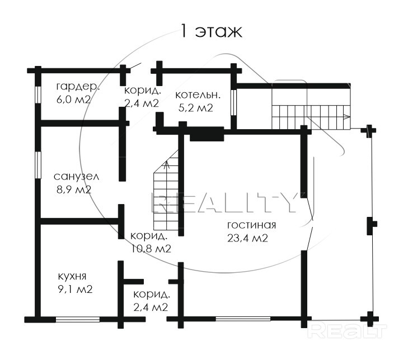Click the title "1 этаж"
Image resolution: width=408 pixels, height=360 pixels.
(211, 31)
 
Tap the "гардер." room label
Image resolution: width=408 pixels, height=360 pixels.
(78, 87)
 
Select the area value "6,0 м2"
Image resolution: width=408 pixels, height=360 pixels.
(73, 100)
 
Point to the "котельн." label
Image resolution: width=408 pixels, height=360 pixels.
(198, 95)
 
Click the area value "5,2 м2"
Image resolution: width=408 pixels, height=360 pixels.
(196, 108)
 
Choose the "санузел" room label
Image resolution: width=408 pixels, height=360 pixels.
(76, 177)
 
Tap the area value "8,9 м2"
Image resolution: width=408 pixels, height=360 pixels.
(74, 190)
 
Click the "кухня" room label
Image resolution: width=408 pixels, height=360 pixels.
(72, 276)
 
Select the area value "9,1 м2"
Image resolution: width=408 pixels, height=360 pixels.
(75, 289)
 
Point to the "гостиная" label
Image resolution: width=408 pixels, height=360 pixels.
(252, 225)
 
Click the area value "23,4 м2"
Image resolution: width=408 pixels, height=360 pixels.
(248, 238)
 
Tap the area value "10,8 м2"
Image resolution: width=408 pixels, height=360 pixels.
(151, 249)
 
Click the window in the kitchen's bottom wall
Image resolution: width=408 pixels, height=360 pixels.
(78, 319)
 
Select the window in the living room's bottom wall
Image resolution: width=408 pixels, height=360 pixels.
(243, 319)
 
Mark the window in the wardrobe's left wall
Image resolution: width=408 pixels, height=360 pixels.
(38, 95)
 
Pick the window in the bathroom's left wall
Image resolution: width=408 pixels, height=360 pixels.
(38, 165)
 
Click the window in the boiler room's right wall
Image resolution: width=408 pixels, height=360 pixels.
(234, 102)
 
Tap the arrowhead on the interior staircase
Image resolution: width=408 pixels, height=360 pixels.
(167, 165)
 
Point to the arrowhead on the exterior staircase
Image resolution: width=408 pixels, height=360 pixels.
(347, 117)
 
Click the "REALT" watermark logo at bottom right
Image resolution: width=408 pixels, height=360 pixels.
(348, 331)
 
